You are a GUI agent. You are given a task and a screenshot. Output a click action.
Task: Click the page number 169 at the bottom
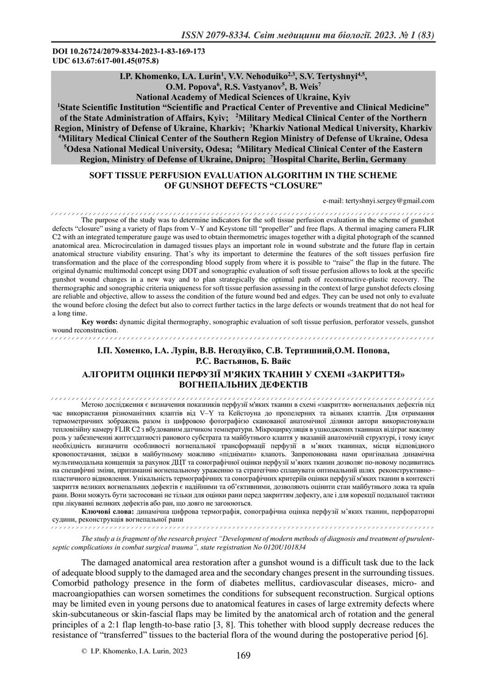(x=243, y=656)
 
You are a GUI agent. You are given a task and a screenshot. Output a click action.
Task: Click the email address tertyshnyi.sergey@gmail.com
(x=378, y=200)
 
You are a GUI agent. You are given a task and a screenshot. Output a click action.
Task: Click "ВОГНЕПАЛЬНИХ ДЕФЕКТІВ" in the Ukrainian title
(x=243, y=385)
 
